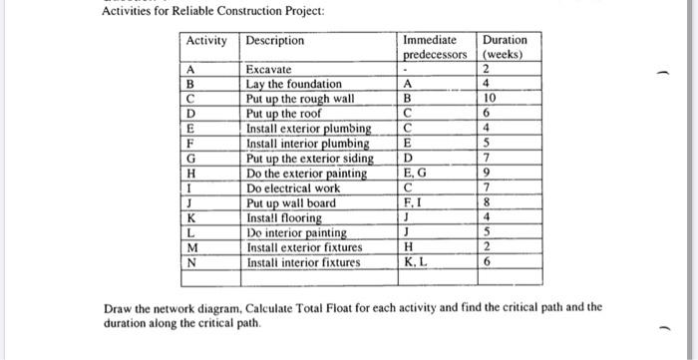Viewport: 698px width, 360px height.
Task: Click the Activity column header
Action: pos(204,41)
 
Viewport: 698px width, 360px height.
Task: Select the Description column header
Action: pos(274,41)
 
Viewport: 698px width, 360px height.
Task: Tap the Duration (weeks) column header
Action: pos(505,47)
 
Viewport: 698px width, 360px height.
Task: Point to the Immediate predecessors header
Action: pos(435,47)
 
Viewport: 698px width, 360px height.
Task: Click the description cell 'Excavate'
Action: pos(268,70)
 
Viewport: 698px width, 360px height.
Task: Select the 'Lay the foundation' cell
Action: pos(293,85)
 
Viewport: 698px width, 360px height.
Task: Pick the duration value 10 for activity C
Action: pos(487,100)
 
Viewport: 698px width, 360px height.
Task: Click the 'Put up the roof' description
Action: pos(285,115)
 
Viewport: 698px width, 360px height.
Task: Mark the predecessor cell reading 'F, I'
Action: pos(412,203)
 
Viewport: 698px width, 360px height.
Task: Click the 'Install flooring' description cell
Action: pos(283,218)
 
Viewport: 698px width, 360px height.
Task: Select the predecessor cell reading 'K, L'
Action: pos(413,262)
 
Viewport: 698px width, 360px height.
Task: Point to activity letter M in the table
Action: pos(191,247)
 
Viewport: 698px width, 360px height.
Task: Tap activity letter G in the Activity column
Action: pos(190,159)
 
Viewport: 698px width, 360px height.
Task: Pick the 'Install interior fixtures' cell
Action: pos(303,262)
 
